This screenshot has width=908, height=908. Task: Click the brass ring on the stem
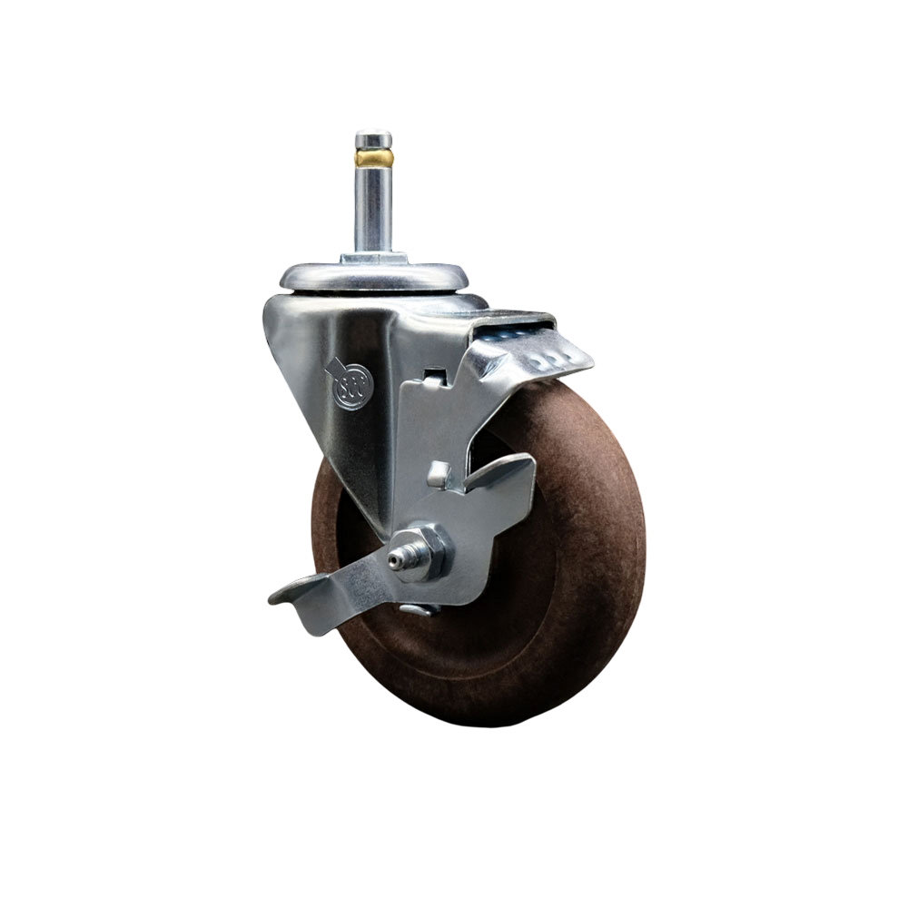click(373, 159)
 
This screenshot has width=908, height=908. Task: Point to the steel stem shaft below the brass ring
click(373, 209)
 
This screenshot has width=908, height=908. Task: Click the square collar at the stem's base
click(373, 258)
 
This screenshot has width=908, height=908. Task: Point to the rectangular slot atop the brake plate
click(435, 373)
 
